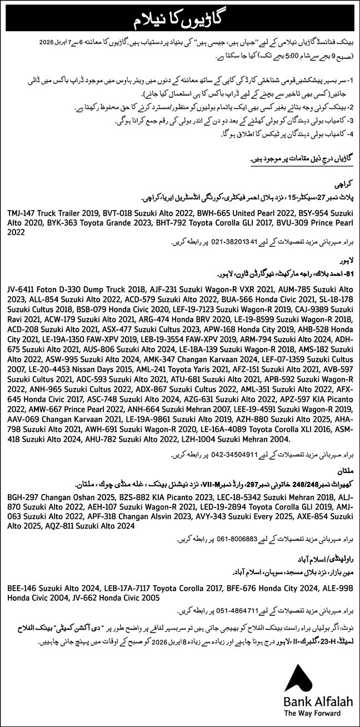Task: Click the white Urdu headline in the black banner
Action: (x=180, y=19)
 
